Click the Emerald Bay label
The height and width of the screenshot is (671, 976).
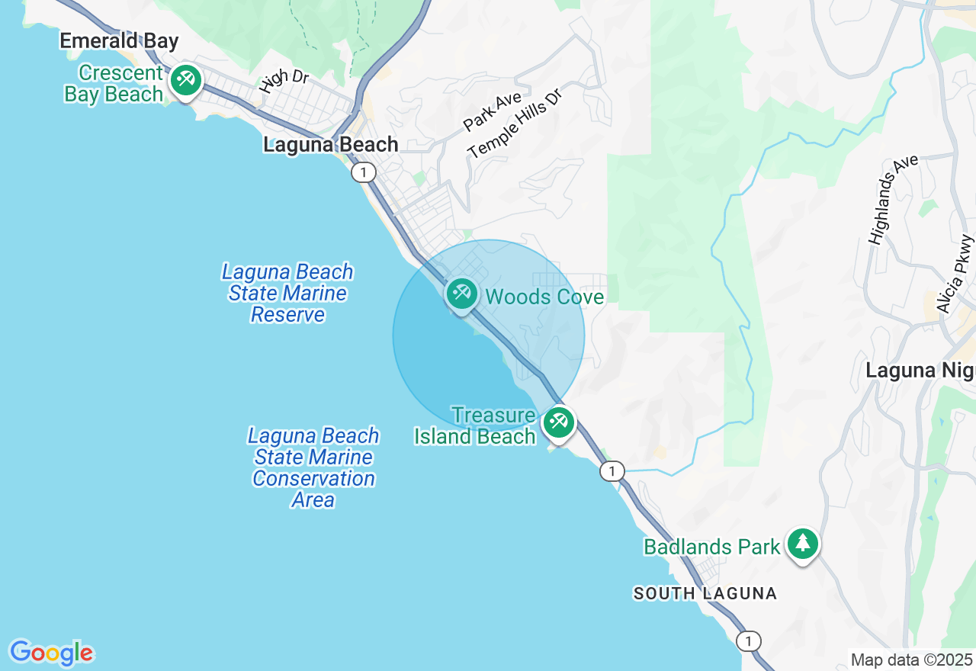[119, 41]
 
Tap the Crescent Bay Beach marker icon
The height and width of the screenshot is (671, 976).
[185, 80]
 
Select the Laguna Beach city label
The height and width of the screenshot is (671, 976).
[330, 144]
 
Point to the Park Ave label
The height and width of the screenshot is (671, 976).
[492, 111]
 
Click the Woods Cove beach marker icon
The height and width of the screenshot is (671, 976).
[461, 294]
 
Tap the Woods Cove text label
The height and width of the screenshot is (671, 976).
[544, 297]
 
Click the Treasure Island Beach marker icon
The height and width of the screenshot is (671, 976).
[558, 422]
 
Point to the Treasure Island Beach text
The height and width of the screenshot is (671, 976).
[476, 425]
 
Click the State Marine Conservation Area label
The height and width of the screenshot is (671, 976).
[313, 467]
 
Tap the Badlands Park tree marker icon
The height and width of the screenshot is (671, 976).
[802, 544]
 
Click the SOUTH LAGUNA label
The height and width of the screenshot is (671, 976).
[705, 593]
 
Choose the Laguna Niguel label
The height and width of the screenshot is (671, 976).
[920, 371]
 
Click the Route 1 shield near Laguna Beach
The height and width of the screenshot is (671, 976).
[364, 173]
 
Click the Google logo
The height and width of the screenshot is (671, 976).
[51, 653]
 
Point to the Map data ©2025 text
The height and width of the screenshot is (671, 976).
[911, 660]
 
